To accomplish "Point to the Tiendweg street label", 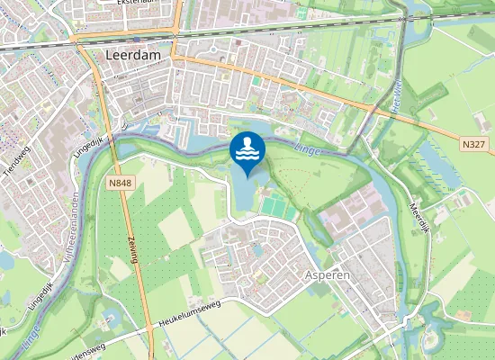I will [15, 167].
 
